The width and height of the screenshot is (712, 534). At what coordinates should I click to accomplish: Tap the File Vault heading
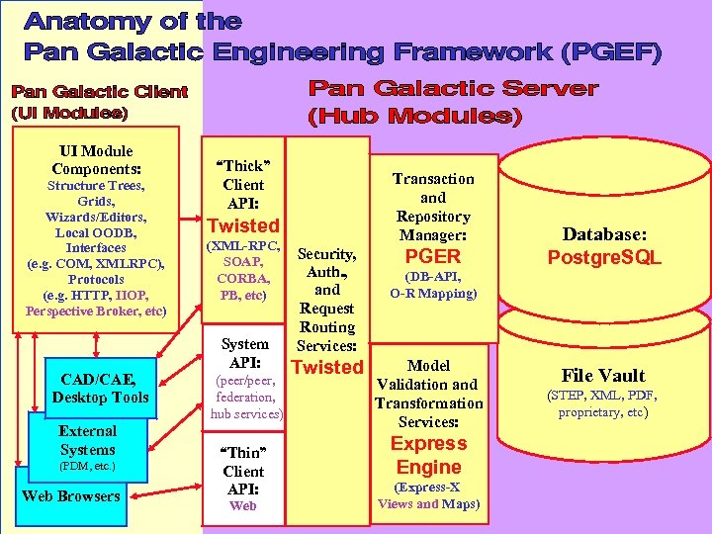(x=603, y=375)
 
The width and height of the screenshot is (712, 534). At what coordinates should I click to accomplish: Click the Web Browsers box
(x=71, y=496)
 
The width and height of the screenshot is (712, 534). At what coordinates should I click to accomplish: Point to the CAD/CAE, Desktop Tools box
(x=103, y=388)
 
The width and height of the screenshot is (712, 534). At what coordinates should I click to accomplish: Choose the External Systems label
(x=87, y=440)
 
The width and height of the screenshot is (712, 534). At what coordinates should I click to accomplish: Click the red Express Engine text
(x=428, y=455)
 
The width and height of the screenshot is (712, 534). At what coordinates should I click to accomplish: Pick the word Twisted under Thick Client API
(x=242, y=225)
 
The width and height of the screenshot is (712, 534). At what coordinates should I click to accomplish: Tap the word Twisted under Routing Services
(x=327, y=368)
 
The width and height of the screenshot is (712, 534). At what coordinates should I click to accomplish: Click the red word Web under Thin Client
(x=242, y=506)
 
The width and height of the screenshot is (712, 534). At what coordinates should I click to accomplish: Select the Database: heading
(x=604, y=234)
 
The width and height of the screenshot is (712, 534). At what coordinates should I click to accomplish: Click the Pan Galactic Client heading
(x=99, y=92)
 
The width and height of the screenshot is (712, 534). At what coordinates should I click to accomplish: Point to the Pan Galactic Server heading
(x=454, y=89)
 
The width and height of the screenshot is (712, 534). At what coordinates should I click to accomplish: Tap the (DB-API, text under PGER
(x=433, y=278)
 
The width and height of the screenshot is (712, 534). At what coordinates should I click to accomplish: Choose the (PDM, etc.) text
(x=87, y=465)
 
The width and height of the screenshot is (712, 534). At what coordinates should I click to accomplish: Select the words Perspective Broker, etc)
(x=96, y=311)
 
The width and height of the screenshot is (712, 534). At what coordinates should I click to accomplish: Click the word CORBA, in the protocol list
(x=242, y=278)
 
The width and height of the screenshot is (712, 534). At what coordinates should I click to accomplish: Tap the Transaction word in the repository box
(x=433, y=179)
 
